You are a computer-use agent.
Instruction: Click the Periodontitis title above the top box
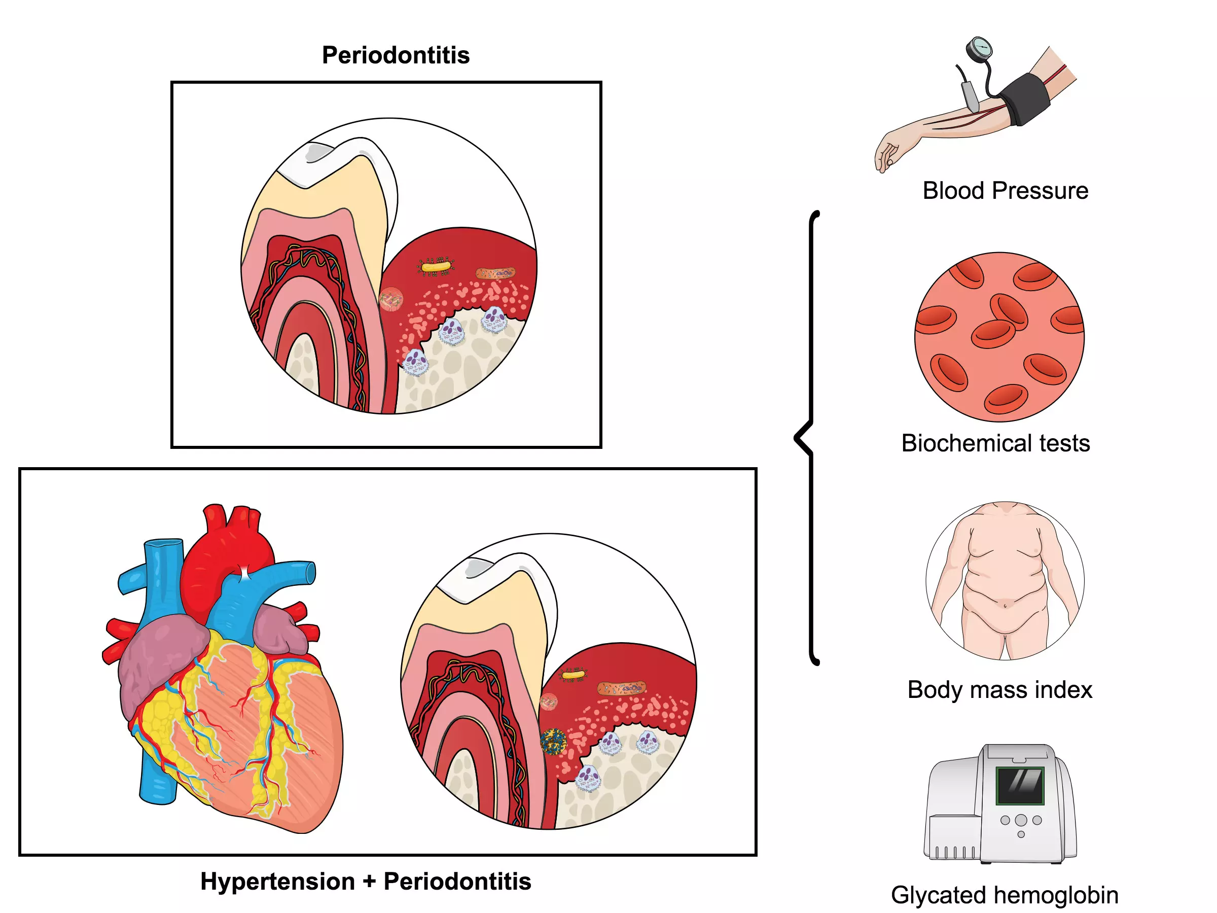pyautogui.click(x=396, y=55)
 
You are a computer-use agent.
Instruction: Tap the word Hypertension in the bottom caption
pyautogui.click(x=277, y=881)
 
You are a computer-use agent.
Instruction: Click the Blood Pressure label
pyautogui.click(x=1005, y=191)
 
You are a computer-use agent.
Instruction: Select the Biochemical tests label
pyautogui.click(x=995, y=443)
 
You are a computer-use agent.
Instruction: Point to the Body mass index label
pyautogui.click(x=999, y=689)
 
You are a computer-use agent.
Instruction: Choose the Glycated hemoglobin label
pyautogui.click(x=1004, y=895)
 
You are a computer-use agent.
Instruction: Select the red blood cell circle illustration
pyautogui.click(x=999, y=337)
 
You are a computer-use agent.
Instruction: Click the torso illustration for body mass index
pyautogui.click(x=1005, y=581)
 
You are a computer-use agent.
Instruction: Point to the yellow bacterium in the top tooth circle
pyautogui.click(x=436, y=267)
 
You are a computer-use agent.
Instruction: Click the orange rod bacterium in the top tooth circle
pyautogui.click(x=495, y=273)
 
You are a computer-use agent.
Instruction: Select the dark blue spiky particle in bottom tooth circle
pyautogui.click(x=553, y=741)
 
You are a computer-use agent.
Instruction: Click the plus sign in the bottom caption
pyautogui.click(x=369, y=882)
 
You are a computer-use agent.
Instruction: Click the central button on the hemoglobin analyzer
pyautogui.click(x=1021, y=820)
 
